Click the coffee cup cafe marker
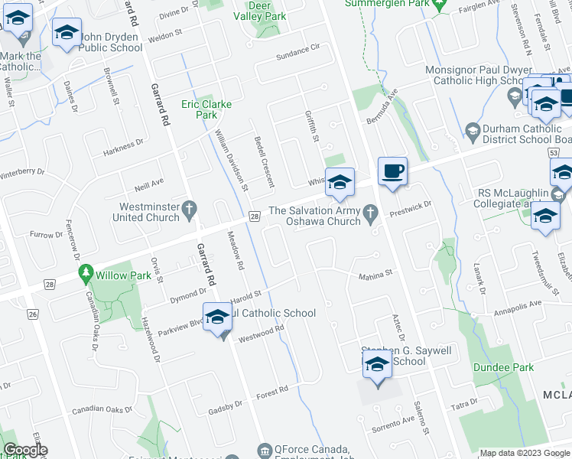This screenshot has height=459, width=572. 392,171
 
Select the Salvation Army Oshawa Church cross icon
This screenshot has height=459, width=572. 371,212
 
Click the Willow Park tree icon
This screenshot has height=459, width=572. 86,272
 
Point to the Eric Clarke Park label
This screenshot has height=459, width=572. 206,109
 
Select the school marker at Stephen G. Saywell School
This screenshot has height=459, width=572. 377,365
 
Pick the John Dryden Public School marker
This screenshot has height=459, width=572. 67,32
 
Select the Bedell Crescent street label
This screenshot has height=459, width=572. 264,161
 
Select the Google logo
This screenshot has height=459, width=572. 26,450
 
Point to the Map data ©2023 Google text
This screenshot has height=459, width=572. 525,453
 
